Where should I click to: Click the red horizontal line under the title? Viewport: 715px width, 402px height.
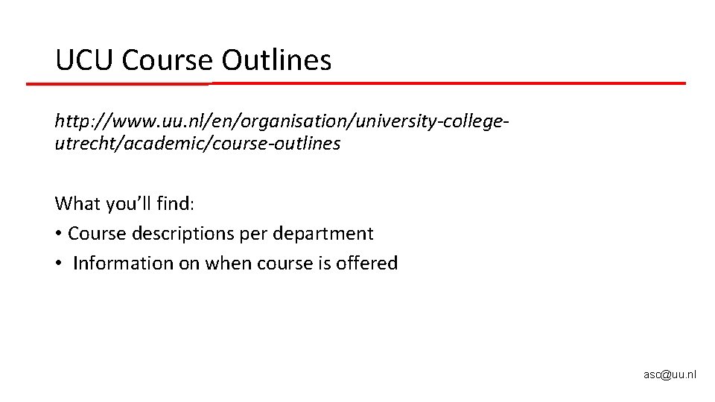point(447,83)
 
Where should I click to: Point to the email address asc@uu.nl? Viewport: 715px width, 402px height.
point(670,374)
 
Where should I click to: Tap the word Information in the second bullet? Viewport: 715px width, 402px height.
point(122,264)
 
